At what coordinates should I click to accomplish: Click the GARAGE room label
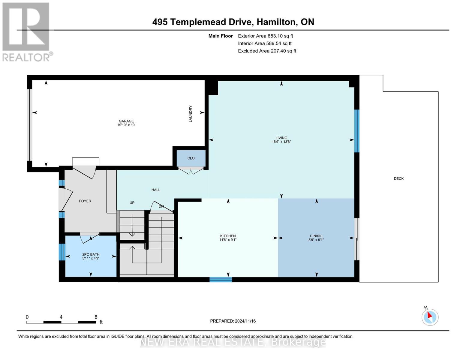126,121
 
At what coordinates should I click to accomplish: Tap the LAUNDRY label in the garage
191,114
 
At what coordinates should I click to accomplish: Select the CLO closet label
191,158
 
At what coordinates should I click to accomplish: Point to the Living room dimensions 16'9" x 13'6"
281,142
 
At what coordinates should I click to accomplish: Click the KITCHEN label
228,236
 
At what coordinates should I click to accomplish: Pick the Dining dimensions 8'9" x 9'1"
316,240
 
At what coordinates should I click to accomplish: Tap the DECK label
398,178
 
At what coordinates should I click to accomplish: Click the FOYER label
85,201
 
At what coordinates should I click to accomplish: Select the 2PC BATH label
91,254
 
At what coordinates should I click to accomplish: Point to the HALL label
156,190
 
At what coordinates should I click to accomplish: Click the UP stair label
132,202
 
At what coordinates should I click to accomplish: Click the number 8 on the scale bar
96,317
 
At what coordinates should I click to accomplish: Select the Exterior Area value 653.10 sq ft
280,36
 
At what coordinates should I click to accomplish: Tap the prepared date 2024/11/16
245,321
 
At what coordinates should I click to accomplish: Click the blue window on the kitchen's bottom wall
221,280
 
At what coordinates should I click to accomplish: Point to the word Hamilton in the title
277,22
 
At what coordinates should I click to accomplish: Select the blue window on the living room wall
357,131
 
